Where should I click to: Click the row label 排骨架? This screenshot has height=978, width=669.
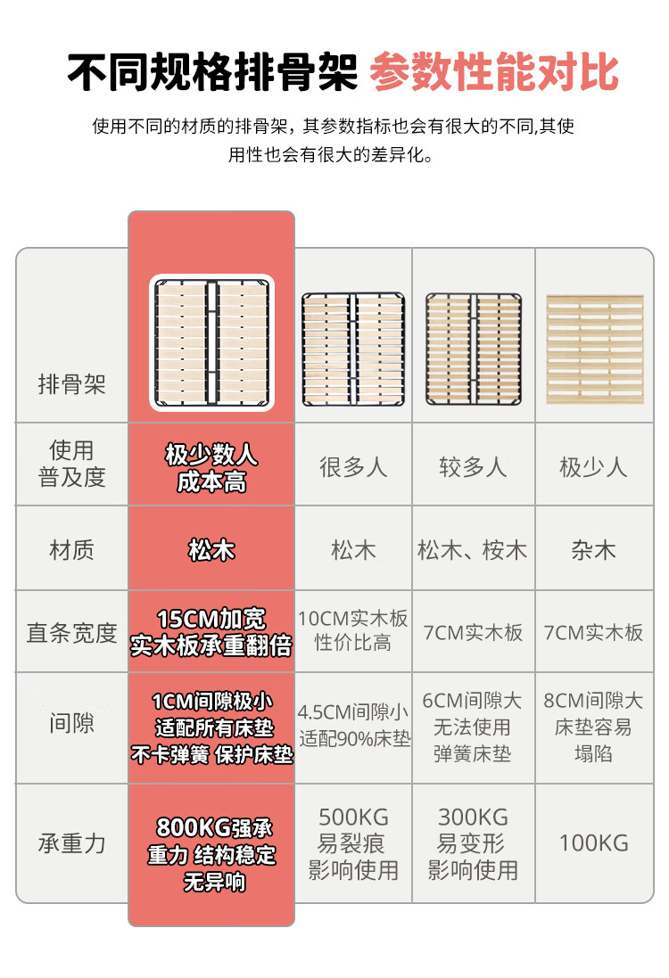pyautogui.click(x=71, y=384)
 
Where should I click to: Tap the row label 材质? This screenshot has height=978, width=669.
pyautogui.click(x=71, y=550)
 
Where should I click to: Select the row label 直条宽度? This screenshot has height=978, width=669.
pyautogui.click(x=71, y=632)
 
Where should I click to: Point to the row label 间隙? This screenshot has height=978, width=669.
pyautogui.click(x=71, y=724)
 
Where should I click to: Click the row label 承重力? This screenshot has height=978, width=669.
pyautogui.click(x=71, y=843)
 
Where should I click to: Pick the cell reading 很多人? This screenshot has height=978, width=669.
pyautogui.click(x=353, y=466)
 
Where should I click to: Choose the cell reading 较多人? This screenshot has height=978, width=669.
pyautogui.click(x=473, y=466)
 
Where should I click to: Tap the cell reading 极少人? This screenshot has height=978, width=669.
pyautogui.click(x=593, y=466)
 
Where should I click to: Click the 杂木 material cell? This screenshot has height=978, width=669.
pyautogui.click(x=593, y=550)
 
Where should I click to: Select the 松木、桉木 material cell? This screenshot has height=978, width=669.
pyautogui.click(x=473, y=550)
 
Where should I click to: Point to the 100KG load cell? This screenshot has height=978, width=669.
pyautogui.click(x=593, y=843)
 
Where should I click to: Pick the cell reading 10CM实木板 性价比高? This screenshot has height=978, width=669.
pyautogui.click(x=352, y=630)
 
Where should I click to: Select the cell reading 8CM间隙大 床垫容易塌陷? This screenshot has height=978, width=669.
pyautogui.click(x=593, y=727)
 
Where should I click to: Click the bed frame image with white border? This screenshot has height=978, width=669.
pyautogui.click(x=211, y=342)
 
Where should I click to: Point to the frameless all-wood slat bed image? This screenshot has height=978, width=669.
pyautogui.click(x=595, y=349)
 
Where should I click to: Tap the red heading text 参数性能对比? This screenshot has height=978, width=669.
pyautogui.click(x=493, y=72)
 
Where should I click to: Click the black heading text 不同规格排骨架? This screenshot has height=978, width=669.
pyautogui.click(x=212, y=72)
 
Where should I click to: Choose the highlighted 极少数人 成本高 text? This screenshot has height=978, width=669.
pyautogui.click(x=211, y=468)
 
